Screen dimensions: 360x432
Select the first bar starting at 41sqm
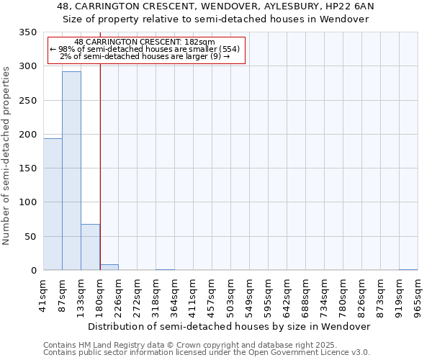[x=53, y=204]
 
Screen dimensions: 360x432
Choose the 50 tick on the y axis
[x=30, y=237]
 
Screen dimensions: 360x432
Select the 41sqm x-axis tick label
[x=43, y=294]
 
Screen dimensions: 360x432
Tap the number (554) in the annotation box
[x=229, y=50]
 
